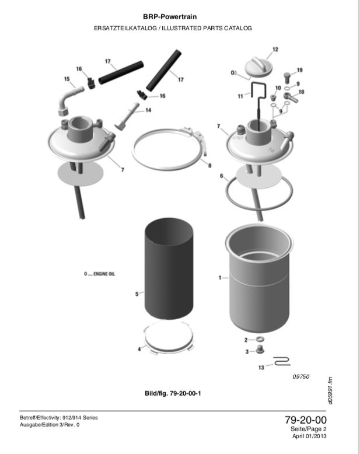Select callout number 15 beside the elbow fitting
[x=67, y=79]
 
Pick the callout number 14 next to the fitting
[x=148, y=110]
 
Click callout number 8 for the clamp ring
[x=209, y=166]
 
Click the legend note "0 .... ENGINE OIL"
[x=99, y=274]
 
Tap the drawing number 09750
[x=301, y=377]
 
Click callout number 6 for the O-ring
[x=221, y=176]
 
